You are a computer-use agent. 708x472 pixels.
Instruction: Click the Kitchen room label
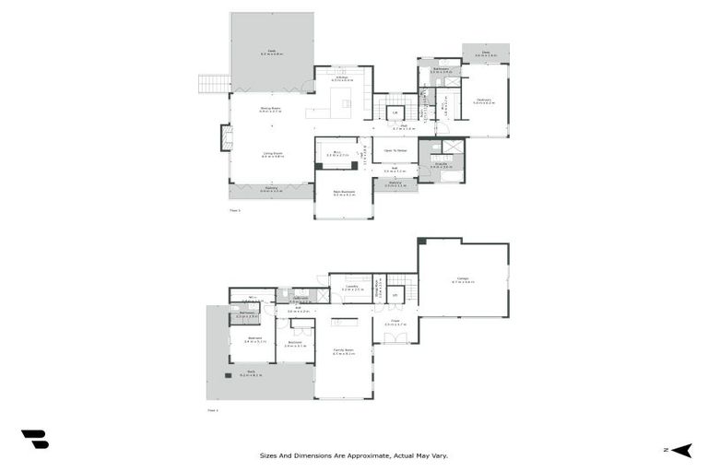coord(342,77)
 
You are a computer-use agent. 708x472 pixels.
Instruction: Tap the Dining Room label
coord(270,110)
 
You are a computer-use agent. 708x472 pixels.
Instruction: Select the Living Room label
coord(272,154)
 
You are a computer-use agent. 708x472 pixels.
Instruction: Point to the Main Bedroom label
coord(343,194)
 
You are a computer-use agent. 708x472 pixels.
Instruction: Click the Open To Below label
coord(395,150)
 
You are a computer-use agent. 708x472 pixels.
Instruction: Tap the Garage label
coord(463,280)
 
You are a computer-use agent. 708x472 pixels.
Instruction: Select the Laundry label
coord(351,287)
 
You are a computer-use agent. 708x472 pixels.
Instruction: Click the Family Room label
coord(343,352)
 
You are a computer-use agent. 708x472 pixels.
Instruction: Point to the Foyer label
coord(395,323)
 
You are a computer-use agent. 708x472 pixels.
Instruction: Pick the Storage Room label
coord(377,289)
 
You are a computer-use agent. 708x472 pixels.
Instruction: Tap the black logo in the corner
coord(34,440)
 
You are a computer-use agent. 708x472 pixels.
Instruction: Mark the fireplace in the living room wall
coord(225,137)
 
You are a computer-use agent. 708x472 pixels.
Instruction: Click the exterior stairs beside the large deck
coord(214,84)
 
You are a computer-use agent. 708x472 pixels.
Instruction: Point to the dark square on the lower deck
coord(227,376)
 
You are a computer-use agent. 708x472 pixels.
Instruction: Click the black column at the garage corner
coord(421,242)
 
